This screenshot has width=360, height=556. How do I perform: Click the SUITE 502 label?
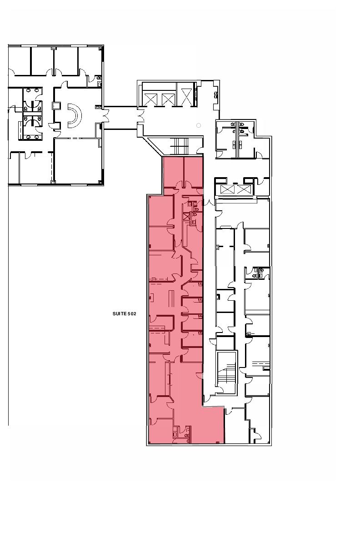(x=124, y=313)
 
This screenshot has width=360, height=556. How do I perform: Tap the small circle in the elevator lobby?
(x=198, y=125)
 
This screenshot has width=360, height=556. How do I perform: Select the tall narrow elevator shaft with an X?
(x=186, y=97)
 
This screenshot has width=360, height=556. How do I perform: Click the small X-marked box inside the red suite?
(x=186, y=216)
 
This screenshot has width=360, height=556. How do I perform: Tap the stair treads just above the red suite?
(x=181, y=146)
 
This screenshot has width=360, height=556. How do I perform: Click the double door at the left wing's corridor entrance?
(x=106, y=116)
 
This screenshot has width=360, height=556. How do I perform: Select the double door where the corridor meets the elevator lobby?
(x=140, y=116)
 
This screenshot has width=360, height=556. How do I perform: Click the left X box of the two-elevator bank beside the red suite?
(x=228, y=189)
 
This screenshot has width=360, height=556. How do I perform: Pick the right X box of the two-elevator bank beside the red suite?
(x=244, y=189)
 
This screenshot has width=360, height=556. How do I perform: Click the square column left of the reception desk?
(x=56, y=106)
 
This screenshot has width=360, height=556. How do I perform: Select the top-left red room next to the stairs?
(x=173, y=171)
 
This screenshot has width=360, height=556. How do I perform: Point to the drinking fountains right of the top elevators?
(x=216, y=94)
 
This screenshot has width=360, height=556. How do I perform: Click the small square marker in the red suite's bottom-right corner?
(x=218, y=442)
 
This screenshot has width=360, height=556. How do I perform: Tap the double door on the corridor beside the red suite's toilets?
(x=209, y=203)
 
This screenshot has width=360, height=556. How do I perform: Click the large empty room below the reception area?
(x=78, y=161)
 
